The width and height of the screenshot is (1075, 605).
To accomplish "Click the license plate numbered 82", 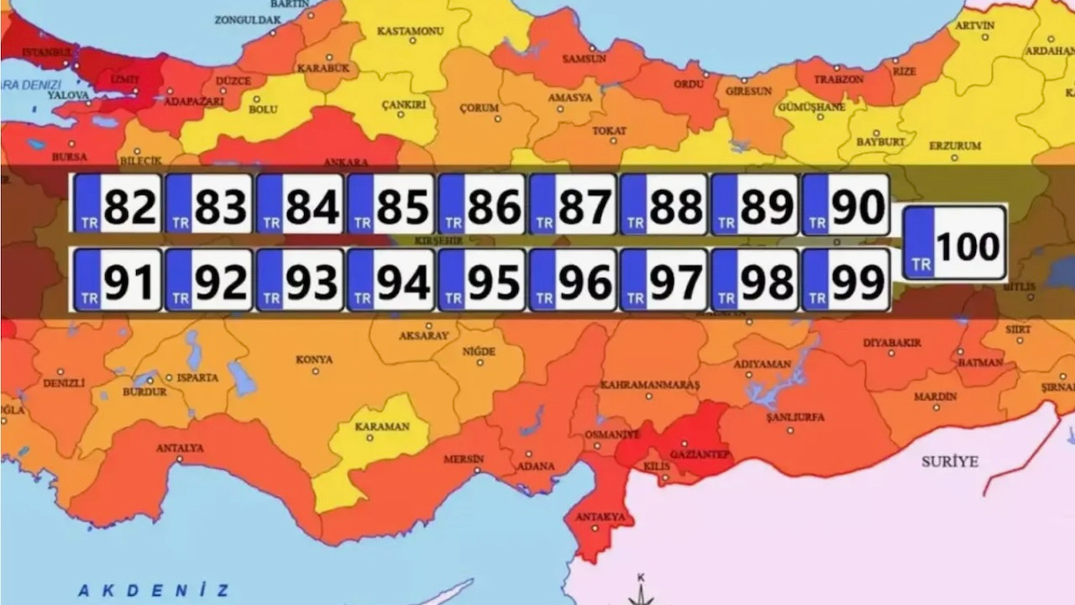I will (x=117, y=204).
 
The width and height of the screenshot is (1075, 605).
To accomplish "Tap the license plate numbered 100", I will (x=954, y=243).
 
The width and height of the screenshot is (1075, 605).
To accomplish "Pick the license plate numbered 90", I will (x=846, y=204).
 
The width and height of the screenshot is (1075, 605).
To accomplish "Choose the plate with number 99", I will (x=846, y=280).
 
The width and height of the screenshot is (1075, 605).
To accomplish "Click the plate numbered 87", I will (x=573, y=204).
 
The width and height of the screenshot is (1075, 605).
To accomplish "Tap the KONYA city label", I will (x=314, y=360).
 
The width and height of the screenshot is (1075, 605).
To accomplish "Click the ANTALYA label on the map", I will (x=180, y=448).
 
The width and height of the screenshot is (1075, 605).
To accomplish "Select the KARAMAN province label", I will (x=382, y=426).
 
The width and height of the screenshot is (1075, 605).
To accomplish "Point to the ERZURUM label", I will (x=955, y=145).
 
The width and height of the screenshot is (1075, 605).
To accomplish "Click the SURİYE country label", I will (x=950, y=461).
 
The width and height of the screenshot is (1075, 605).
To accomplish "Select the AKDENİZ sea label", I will (x=152, y=590).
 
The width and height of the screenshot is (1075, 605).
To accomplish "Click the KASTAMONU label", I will (x=410, y=31).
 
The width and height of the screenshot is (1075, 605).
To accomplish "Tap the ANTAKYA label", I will (x=600, y=517).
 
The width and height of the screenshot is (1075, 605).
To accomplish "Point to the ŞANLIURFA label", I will (x=795, y=417).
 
